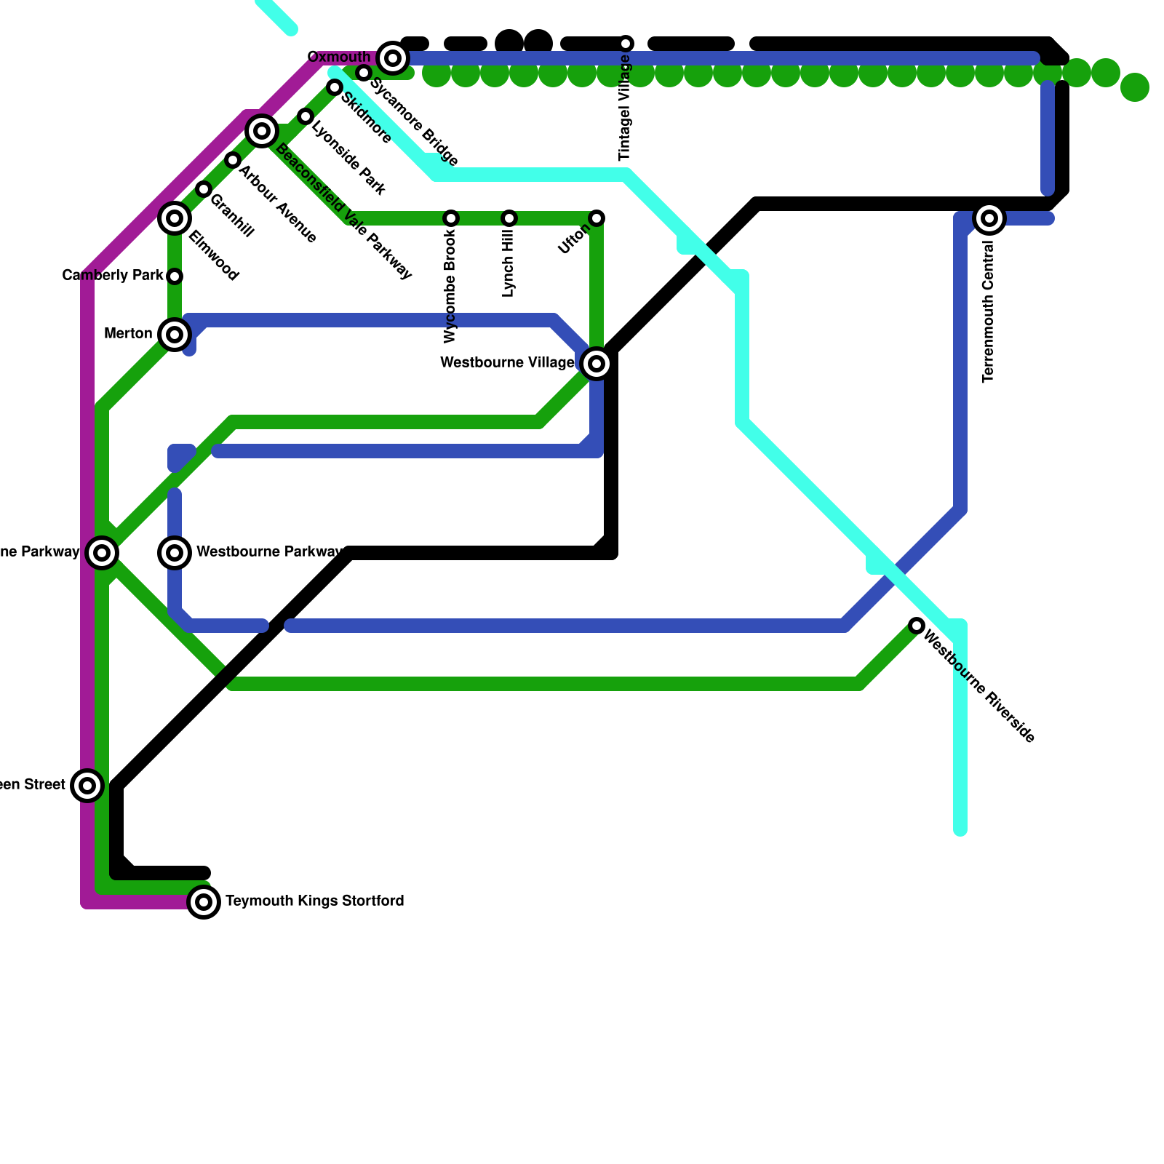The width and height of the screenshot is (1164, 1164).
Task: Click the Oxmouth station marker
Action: tap(393, 57)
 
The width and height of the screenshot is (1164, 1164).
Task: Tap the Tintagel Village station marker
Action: tap(626, 44)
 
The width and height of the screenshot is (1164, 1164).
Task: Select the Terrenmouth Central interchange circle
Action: tap(989, 218)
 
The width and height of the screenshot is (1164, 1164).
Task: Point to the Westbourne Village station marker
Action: tap(597, 363)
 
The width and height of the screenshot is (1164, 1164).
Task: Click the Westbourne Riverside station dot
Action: tap(917, 626)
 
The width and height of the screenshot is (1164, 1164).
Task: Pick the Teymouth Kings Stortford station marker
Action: tap(204, 902)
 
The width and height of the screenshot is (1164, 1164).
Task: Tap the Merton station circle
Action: tap(175, 334)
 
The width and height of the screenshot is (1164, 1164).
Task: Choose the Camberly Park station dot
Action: tap(175, 276)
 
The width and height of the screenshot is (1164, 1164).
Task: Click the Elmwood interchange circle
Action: tap(175, 218)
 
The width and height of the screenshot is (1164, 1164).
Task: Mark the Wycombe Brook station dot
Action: tap(451, 218)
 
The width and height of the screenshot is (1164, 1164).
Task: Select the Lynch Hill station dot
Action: tap(509, 218)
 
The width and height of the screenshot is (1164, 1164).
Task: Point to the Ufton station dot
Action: tap(597, 218)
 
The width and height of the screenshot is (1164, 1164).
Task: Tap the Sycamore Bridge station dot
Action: tap(364, 73)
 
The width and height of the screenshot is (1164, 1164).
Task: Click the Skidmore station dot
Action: tap(335, 87)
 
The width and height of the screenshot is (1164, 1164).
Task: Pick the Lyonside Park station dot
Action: tap(306, 116)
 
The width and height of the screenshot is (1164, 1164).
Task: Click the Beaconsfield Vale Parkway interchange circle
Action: tap(262, 131)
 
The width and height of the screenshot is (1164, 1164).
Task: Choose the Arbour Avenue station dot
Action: tap(233, 160)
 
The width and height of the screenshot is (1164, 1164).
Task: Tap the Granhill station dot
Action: tap(204, 189)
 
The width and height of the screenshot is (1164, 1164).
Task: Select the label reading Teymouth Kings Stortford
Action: tap(314, 901)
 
